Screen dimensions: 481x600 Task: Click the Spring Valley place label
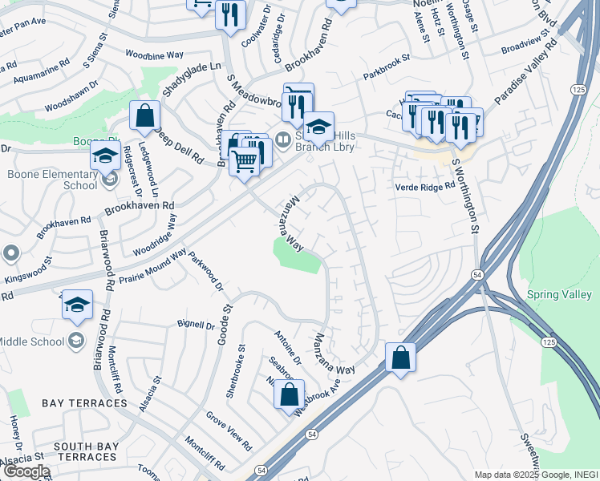pyautogui.click(x=559, y=295)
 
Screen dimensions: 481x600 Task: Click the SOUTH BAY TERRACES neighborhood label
pyautogui.click(x=87, y=452)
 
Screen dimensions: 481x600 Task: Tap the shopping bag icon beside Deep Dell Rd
pyautogui.click(x=144, y=118)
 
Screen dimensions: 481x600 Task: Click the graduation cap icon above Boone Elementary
pyautogui.click(x=105, y=155)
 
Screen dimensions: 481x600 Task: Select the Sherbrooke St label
pyautogui.click(x=241, y=362)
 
